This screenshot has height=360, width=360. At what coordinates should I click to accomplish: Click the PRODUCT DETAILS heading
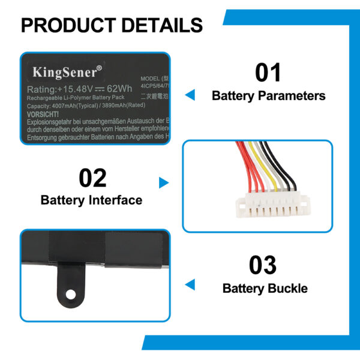(112, 25)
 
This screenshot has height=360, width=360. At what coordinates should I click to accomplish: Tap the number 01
(268, 73)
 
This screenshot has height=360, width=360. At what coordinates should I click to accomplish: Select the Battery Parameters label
(268, 95)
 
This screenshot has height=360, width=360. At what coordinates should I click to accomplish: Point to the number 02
(92, 178)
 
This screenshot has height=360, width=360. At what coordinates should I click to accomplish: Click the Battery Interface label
(91, 200)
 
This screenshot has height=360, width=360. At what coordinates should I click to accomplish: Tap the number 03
(262, 265)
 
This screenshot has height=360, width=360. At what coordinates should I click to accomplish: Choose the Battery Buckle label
(265, 288)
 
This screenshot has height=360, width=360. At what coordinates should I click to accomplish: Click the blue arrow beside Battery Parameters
(190, 95)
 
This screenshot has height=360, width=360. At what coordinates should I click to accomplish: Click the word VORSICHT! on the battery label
(43, 114)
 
